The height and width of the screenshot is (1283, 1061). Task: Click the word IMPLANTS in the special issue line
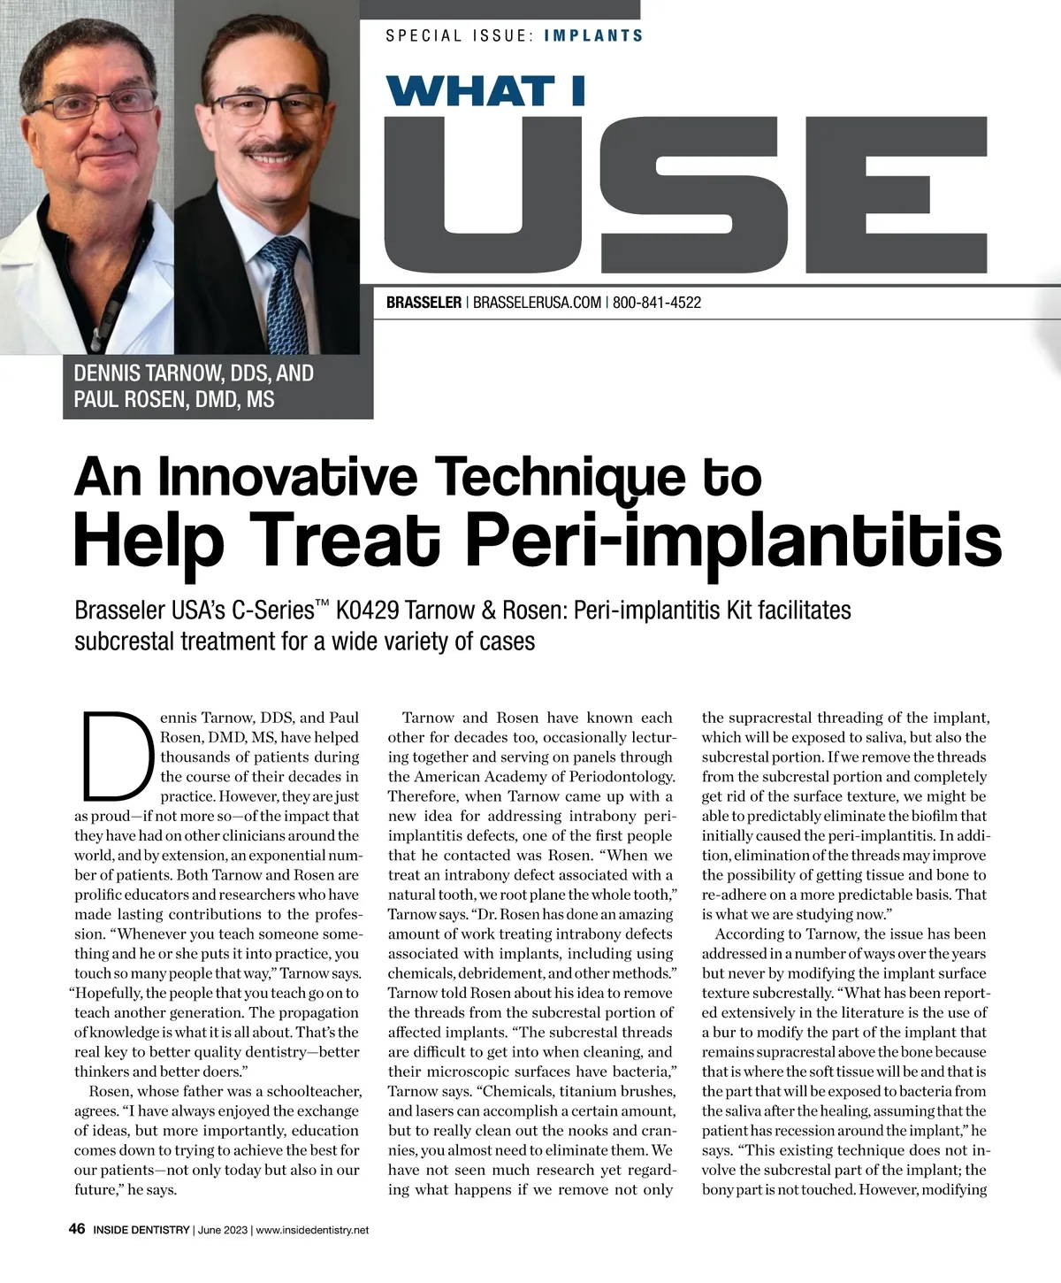pyautogui.click(x=593, y=36)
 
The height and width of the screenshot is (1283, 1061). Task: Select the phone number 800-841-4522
pyautogui.click(x=656, y=303)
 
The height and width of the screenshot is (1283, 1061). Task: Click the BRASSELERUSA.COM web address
pyautogui.click(x=537, y=303)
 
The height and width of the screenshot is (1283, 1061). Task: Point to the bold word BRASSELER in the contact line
pyautogui.click(x=424, y=303)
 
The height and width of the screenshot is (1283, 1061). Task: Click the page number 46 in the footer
pyautogui.click(x=77, y=1229)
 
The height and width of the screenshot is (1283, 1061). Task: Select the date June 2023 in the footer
pyautogui.click(x=223, y=1230)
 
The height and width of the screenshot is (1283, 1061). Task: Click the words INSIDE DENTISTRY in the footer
pyautogui.click(x=141, y=1230)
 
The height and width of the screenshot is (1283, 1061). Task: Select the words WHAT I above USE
pyautogui.click(x=485, y=91)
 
